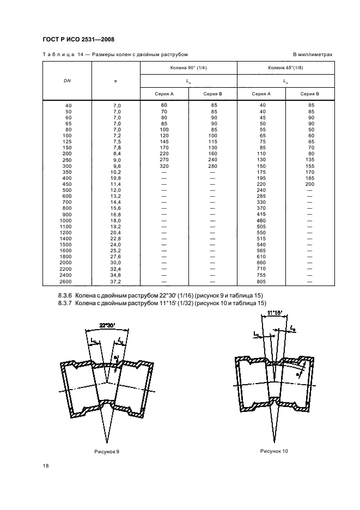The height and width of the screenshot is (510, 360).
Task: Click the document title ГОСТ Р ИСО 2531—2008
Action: [78, 39]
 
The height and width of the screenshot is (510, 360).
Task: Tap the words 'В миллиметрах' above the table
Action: [313, 54]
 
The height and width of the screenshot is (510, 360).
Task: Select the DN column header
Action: [67, 81]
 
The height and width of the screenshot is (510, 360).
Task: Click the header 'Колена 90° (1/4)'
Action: [188, 68]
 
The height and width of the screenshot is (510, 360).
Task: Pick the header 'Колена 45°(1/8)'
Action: [285, 68]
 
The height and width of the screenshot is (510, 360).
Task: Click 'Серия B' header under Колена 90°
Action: [213, 94]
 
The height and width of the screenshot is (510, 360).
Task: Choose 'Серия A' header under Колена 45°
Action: [261, 94]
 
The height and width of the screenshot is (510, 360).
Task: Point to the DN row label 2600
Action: [65, 282]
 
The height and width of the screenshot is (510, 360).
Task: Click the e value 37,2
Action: [115, 282]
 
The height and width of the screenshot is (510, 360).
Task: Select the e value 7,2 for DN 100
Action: [117, 136]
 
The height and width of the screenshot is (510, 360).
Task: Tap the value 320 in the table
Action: [164, 166]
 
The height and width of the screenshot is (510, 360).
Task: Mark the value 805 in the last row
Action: [261, 282]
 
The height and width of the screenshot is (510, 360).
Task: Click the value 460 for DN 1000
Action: [261, 221]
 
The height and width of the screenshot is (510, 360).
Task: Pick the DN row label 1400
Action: [65, 239]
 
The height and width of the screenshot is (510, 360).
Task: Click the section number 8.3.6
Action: [65, 296]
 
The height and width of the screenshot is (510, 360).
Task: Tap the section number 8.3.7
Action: [65, 303]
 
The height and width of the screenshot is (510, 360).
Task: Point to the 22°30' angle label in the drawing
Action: [107, 325]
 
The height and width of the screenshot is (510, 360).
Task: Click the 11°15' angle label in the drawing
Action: [275, 313]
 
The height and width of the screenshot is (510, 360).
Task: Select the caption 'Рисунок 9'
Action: [107, 452]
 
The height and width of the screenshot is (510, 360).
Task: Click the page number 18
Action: [46, 466]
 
